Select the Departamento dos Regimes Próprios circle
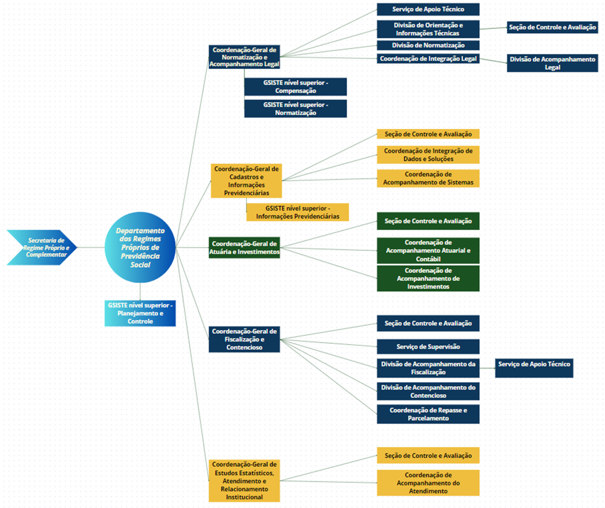(140, 247)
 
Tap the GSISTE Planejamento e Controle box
(140, 313)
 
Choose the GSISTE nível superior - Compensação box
(296, 87)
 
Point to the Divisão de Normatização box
(428, 45)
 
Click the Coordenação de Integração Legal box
(428, 58)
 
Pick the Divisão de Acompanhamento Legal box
(552, 63)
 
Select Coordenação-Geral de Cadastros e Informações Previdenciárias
(246, 180)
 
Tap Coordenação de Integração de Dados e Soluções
(428, 155)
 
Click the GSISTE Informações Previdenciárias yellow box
(297, 212)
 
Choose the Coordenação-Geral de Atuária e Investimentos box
(244, 247)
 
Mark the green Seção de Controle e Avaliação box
(428, 221)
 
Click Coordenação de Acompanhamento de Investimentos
(428, 278)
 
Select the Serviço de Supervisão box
(428, 346)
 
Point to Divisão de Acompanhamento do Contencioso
(428, 391)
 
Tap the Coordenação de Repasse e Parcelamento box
(428, 414)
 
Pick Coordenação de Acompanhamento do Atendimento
(428, 483)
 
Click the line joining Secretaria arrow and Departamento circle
(91, 247)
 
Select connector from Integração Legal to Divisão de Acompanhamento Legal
(494, 59)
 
